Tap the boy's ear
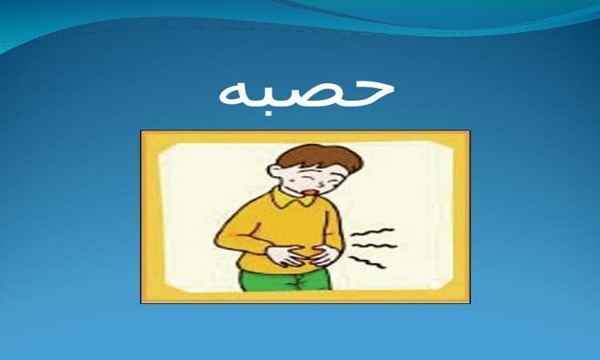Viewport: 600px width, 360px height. tap(275, 170)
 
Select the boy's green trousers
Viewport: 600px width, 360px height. tap(285, 279)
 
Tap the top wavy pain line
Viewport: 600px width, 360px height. tap(374, 233)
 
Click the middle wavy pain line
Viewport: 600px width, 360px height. tap(374, 246)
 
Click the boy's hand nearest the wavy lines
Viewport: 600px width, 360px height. tap(322, 255)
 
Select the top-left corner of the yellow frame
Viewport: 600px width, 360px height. tap(141, 131)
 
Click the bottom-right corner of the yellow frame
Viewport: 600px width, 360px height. tap(470, 303)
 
